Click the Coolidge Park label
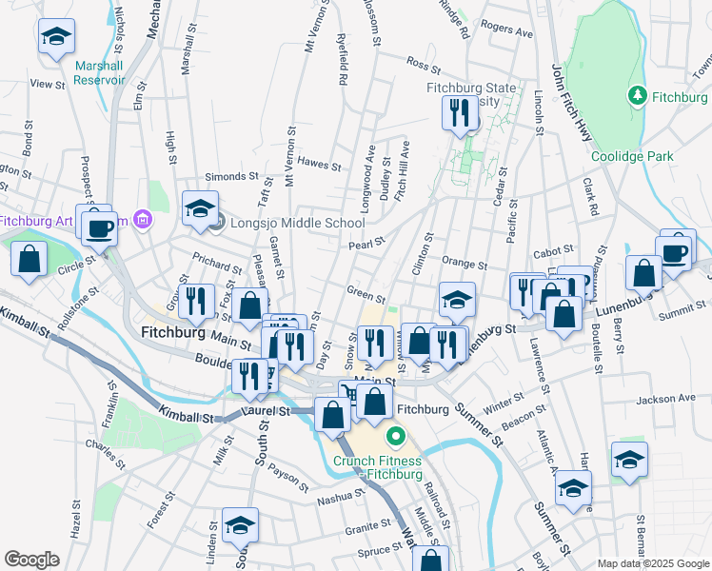632,156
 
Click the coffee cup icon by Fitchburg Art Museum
99,227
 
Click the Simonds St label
233,177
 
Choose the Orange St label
465,264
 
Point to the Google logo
32,559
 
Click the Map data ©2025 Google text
653,563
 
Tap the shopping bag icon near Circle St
30,258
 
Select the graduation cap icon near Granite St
240,525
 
